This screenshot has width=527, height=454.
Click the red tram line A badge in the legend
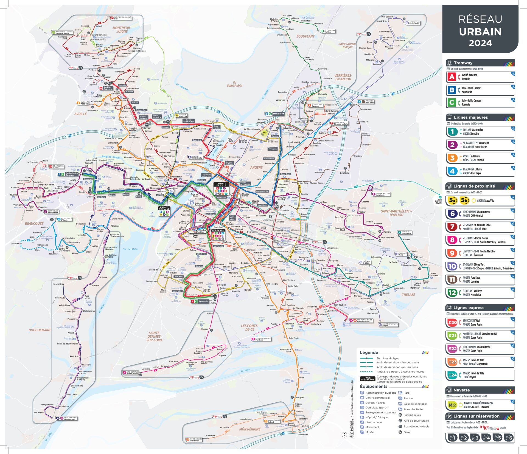[452, 77]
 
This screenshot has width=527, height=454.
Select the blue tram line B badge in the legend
[452, 90]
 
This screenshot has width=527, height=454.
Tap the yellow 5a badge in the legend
[452, 201]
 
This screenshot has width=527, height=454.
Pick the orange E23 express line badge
[452, 362]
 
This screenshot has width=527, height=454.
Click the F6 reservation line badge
[509, 438]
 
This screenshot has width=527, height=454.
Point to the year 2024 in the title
[480, 43]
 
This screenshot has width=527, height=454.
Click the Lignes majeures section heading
[470, 117]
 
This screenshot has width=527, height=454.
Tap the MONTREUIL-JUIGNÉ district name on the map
[122, 30]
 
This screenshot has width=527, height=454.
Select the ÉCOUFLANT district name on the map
[305, 36]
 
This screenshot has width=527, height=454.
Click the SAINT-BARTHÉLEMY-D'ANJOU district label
[396, 213]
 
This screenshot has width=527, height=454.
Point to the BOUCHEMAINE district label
[40, 330]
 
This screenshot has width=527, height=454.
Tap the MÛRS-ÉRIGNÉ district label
[250, 429]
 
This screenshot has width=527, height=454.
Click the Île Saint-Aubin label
[234, 84]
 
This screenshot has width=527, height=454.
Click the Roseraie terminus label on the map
[203, 301]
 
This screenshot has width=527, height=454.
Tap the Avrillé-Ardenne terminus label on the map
[108, 88]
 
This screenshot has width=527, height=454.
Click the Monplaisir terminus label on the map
[278, 114]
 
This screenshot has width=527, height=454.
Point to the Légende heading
[369, 353]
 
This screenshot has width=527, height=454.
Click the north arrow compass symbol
[344, 434]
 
